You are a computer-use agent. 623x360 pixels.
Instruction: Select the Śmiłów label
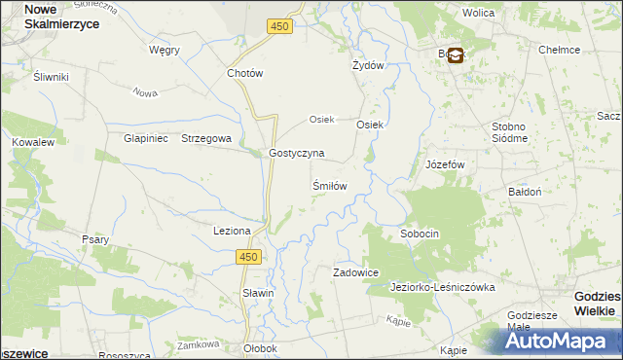329,184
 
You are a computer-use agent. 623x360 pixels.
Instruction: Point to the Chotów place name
244,73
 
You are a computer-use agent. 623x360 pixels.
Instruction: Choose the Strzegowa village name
206,138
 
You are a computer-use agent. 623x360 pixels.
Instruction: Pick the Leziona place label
233,231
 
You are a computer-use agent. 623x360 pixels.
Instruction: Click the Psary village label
95,239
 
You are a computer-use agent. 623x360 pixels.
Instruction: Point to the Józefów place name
446,164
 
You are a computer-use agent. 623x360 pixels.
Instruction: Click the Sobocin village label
421,234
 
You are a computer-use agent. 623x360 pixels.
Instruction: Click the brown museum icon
455,56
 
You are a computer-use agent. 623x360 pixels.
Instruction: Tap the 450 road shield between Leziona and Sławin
248,256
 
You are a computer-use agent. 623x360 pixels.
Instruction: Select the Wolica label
478,14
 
